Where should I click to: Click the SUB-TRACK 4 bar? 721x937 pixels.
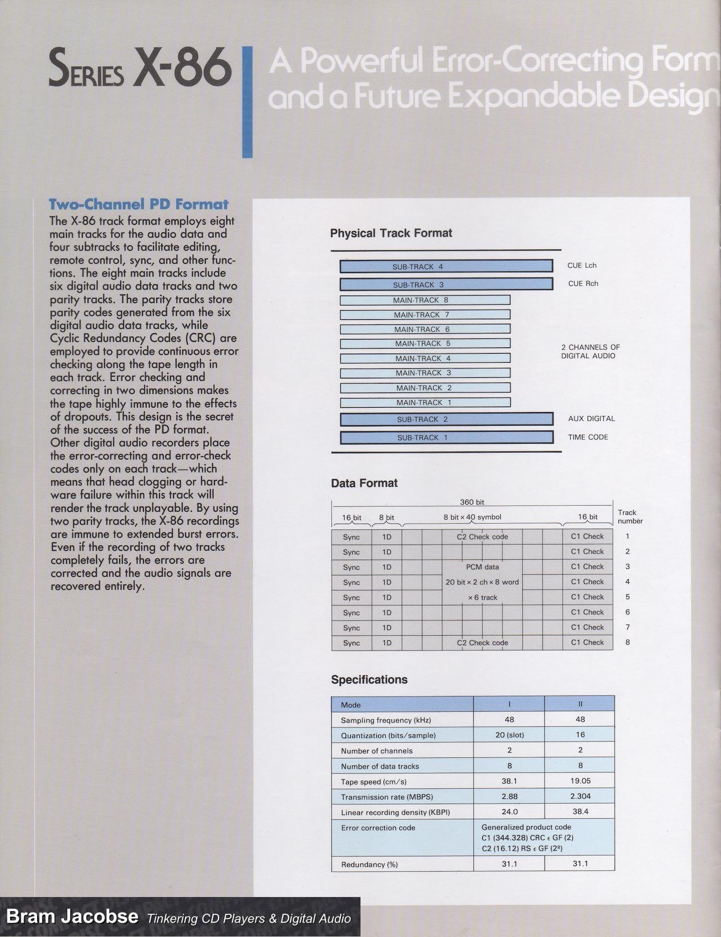click(x=446, y=266)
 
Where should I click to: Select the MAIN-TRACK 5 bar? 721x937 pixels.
click(x=425, y=343)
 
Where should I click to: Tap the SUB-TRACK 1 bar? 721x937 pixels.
click(x=446, y=438)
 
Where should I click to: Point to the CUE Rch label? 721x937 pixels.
click(x=583, y=284)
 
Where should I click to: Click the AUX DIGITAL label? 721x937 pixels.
click(x=591, y=419)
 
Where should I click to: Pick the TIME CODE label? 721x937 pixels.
click(x=588, y=437)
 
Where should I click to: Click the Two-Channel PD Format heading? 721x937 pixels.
click(x=139, y=204)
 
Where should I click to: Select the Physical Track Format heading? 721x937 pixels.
click(x=391, y=233)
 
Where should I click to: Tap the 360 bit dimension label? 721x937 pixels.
click(x=472, y=502)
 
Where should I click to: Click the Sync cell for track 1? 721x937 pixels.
click(x=351, y=537)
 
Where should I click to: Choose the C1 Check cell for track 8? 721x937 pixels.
click(x=587, y=642)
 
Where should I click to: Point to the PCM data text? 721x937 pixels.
click(x=482, y=567)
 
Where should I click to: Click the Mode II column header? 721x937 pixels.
click(x=580, y=704)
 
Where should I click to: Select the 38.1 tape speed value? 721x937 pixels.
click(x=509, y=782)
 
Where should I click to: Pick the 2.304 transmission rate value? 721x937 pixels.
click(x=580, y=797)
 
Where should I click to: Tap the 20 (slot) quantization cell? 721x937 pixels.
click(x=509, y=735)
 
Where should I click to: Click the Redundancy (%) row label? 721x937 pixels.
click(x=370, y=864)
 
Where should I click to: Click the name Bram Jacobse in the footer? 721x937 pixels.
click(x=72, y=916)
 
